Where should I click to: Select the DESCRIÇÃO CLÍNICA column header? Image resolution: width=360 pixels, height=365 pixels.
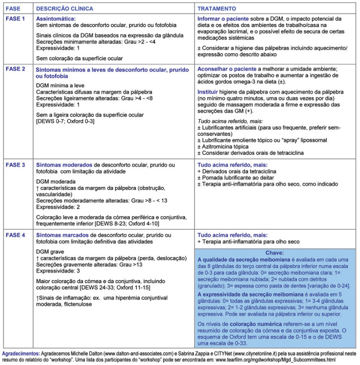pos(64,9)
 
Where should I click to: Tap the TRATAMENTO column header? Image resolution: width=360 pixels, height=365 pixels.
pos(216,9)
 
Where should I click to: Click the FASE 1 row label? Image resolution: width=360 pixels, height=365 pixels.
pos(15,19)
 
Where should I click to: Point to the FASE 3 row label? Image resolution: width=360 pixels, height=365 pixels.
pos(15,165)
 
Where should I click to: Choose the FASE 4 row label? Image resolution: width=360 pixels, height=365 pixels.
pos(15,236)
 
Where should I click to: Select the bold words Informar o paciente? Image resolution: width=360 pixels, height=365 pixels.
pos(226,19)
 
